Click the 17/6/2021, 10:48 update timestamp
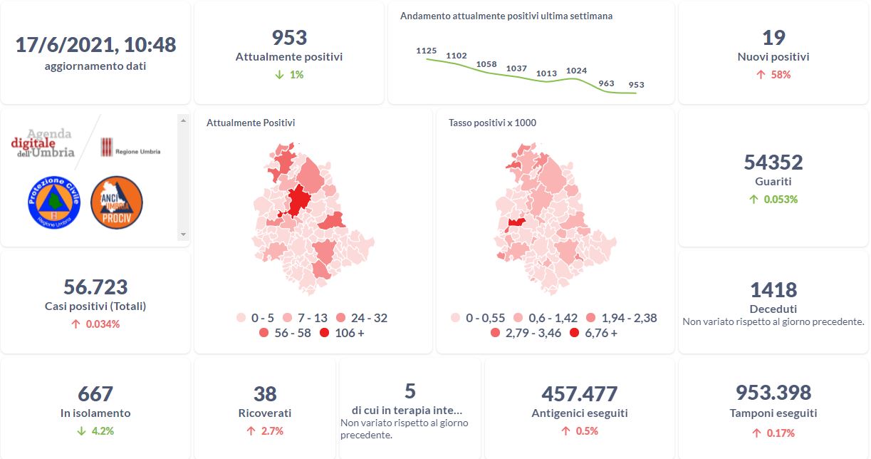[95, 45]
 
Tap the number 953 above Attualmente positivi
[289, 38]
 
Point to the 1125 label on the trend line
[426, 51]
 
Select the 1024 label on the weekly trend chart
[576, 71]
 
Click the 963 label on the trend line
[606, 83]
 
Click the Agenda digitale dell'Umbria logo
[43, 143]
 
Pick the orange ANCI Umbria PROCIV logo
[117, 202]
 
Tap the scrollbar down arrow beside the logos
[183, 234]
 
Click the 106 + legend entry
[343, 333]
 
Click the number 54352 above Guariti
[773, 163]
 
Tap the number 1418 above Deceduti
[773, 290]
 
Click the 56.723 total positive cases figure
[95, 287]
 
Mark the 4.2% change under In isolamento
[95, 430]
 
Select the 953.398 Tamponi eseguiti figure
[773, 393]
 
